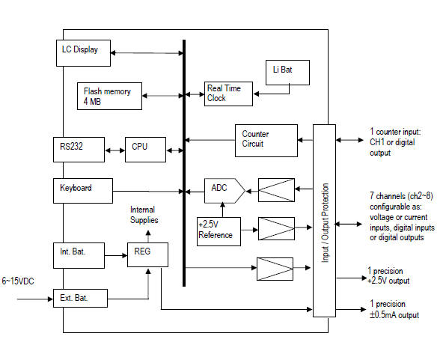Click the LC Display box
pos(83,53)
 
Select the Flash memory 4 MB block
pos(109,97)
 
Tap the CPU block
pos(145,150)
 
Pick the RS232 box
pos(79,150)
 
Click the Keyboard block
pos(83,191)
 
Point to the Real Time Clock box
pos(228,94)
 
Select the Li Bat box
pos(287,73)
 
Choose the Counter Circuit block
pos(266,141)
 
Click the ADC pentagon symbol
pos(224,191)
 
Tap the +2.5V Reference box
pos(219,232)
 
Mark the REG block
pos(147,255)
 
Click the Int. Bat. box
pos(79,255)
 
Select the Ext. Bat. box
pos(80,298)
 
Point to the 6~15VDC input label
pos(18,281)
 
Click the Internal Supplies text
pos(144,215)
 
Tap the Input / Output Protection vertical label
pos(325,223)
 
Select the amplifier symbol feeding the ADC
pos(276,190)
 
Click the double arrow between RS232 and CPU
pos(115,150)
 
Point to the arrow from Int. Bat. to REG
pos(116,255)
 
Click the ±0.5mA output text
pos(394,315)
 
